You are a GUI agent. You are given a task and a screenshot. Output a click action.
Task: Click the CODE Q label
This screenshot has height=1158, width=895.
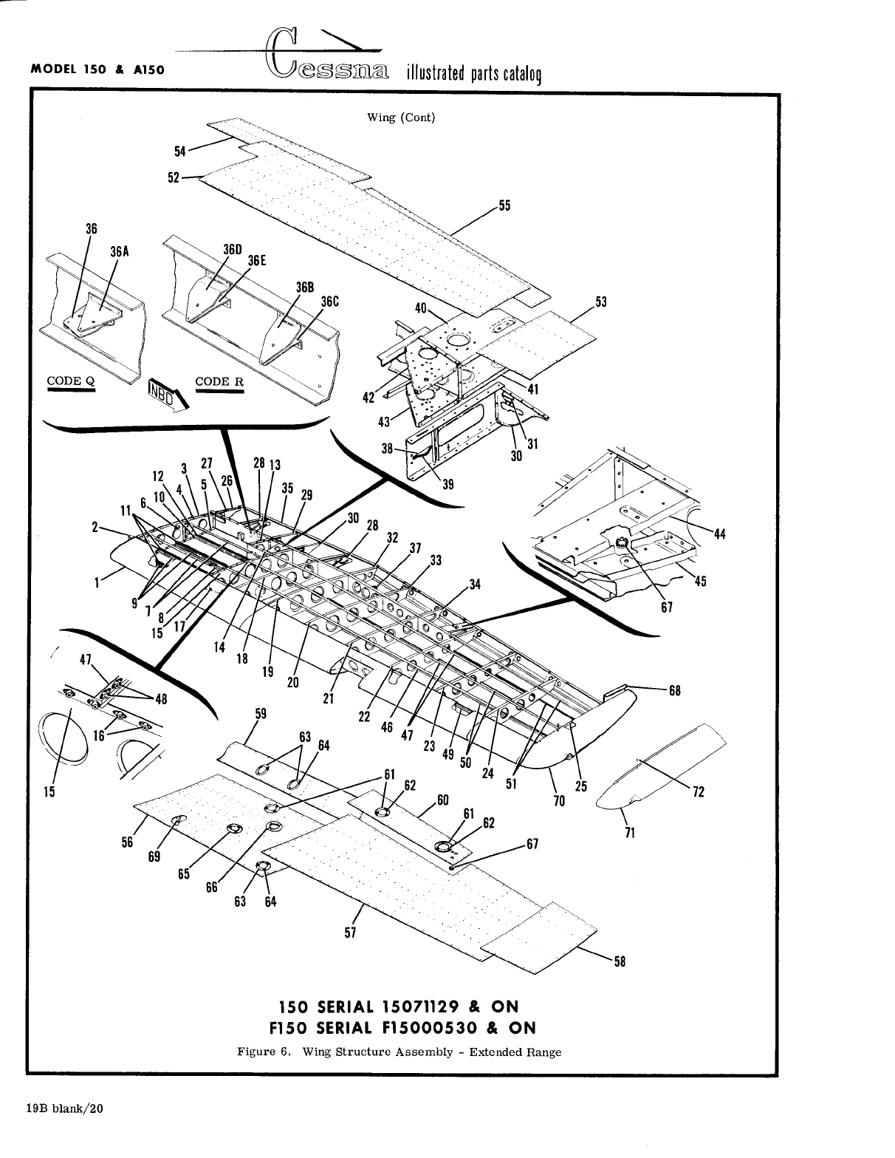[71, 381]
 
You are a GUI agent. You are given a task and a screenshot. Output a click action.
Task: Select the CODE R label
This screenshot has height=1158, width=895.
[219, 381]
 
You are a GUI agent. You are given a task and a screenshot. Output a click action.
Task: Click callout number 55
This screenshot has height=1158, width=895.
[505, 206]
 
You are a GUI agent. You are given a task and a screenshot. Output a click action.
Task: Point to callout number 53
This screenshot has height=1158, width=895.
[601, 302]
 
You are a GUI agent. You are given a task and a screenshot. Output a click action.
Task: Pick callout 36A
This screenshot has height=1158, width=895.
[120, 251]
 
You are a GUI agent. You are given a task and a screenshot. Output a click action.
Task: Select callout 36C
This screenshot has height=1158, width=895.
[329, 302]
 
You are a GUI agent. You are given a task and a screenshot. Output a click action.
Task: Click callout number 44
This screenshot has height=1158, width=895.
[721, 534]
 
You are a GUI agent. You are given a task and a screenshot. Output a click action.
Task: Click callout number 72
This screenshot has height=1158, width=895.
[699, 792]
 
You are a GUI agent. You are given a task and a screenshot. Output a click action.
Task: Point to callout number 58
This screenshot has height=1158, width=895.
[620, 961]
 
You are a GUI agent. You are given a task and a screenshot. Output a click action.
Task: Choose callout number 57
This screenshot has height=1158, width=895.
[351, 932]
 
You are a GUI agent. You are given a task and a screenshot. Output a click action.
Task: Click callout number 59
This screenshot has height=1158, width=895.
[261, 714]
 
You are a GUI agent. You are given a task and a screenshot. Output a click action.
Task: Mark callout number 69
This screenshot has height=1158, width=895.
[154, 858]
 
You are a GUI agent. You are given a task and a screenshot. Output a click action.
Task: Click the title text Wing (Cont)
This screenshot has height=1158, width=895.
[401, 117]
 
